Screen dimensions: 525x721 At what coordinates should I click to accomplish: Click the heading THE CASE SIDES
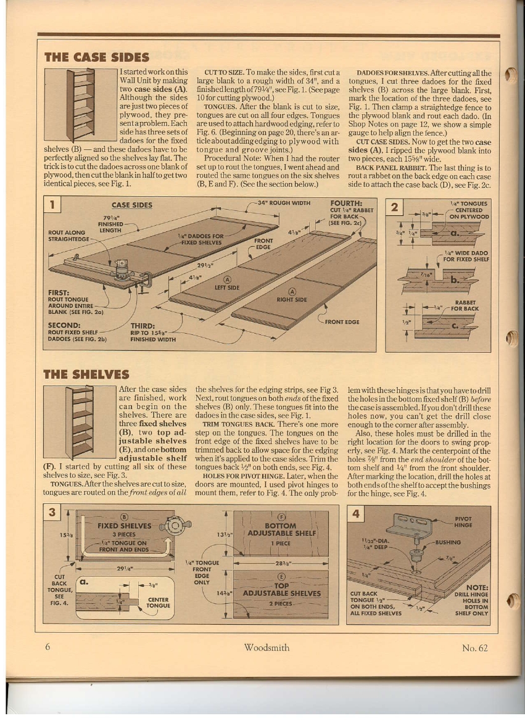[97, 57]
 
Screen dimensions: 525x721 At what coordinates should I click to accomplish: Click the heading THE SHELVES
[86, 374]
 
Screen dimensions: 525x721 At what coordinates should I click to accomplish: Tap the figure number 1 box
[52, 205]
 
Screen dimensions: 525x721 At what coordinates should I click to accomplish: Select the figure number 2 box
[394, 207]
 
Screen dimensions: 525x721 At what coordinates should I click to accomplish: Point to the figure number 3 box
[52, 513]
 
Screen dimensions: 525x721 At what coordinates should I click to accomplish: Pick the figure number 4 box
[356, 514]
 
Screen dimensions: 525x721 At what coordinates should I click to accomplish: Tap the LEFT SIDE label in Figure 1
[227, 287]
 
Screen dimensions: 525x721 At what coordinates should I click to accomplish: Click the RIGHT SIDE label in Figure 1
[291, 299]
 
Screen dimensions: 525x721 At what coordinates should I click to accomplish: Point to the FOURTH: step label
[346, 204]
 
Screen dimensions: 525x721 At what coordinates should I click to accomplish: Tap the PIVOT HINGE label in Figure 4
[463, 522]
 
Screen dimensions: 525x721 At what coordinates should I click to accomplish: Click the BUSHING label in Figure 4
[448, 543]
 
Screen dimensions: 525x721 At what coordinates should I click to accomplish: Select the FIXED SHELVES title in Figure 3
[124, 525]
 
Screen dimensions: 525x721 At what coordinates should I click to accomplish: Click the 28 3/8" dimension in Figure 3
[281, 562]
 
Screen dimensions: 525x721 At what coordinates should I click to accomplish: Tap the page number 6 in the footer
[48, 647]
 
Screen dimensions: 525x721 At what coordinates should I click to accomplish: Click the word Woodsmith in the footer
[267, 648]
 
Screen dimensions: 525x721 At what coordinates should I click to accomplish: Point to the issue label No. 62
[475, 648]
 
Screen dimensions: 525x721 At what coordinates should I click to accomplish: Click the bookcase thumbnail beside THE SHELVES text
[80, 422]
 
